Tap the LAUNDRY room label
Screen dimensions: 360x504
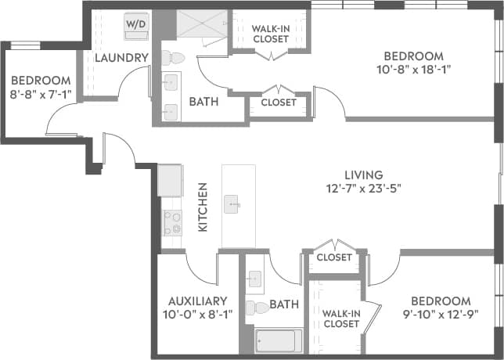(121, 58)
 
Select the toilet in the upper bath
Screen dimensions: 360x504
(174, 56)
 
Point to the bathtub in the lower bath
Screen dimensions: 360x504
(278, 340)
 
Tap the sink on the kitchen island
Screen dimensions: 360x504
(233, 205)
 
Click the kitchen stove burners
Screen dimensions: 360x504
(171, 223)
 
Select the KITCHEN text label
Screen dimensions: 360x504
(203, 207)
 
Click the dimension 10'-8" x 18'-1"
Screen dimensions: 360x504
(412, 69)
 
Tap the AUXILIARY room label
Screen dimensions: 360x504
(197, 301)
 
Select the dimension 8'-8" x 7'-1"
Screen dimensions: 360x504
(40, 94)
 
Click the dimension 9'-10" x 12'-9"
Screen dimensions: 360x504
(441, 314)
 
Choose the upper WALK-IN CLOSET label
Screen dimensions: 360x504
(272, 35)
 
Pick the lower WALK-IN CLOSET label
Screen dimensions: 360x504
(341, 319)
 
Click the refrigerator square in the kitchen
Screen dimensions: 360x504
(170, 181)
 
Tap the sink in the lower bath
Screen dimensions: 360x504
(255, 278)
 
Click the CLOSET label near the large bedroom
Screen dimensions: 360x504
(279, 103)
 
